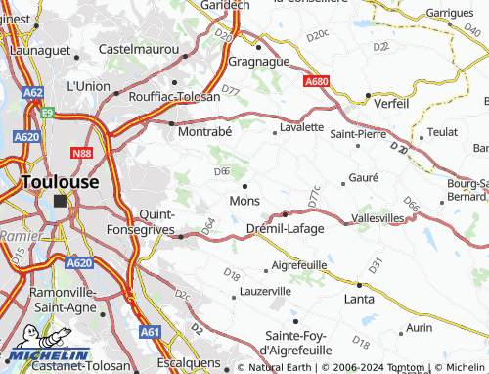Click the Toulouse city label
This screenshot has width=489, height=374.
click(60, 182)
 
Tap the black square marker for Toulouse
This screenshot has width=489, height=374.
click(60, 201)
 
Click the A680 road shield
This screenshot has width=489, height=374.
click(316, 82)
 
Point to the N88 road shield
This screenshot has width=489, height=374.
click(82, 153)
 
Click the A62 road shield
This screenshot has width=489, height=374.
click(33, 93)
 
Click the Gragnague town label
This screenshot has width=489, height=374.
click(261, 61)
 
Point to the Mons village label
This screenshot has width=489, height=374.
click(244, 201)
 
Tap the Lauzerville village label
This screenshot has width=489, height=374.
click(265, 291)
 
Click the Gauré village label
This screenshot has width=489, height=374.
click(362, 178)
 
